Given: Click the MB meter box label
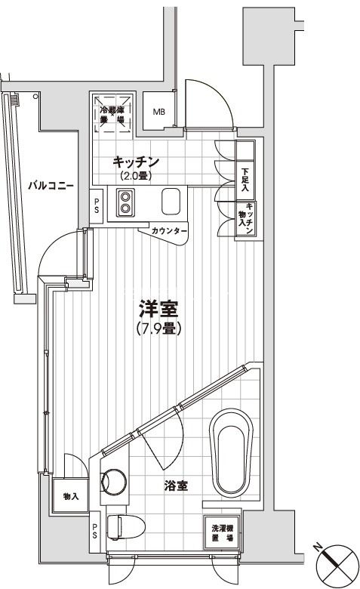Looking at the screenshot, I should point(158,113).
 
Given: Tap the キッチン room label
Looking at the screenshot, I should point(136,161).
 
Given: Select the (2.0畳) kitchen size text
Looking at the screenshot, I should point(136,176).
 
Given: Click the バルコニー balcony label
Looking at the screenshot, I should point(51,184).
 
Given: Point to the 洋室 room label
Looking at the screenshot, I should point(158,310).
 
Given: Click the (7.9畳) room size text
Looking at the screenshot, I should point(159,329).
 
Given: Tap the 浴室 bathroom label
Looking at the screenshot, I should point(176,487).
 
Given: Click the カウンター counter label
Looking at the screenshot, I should point(165,231).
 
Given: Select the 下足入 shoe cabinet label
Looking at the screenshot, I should point(245,178).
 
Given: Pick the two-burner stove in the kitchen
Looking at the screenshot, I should point(125,202).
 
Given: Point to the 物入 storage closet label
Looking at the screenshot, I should point(71,498).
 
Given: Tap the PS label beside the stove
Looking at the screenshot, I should point(96,205).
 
